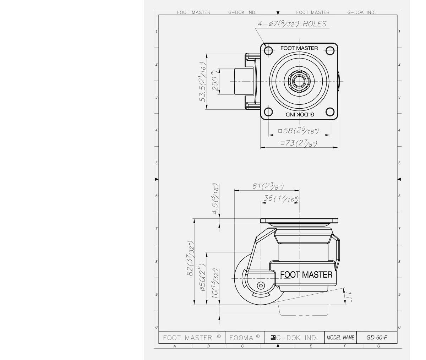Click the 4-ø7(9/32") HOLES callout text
point(291,24)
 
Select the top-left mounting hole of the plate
point(268,50)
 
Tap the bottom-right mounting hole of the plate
point(330,112)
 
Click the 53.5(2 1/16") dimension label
point(203,82)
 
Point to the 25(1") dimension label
point(215,81)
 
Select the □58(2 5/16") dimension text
point(298,131)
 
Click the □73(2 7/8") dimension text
point(299,143)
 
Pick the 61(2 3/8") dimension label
point(268,186)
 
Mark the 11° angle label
point(350,297)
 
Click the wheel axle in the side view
point(261,285)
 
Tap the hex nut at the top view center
point(299,81)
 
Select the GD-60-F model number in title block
point(377,338)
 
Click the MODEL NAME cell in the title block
point(340,338)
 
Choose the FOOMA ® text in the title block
point(245,338)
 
